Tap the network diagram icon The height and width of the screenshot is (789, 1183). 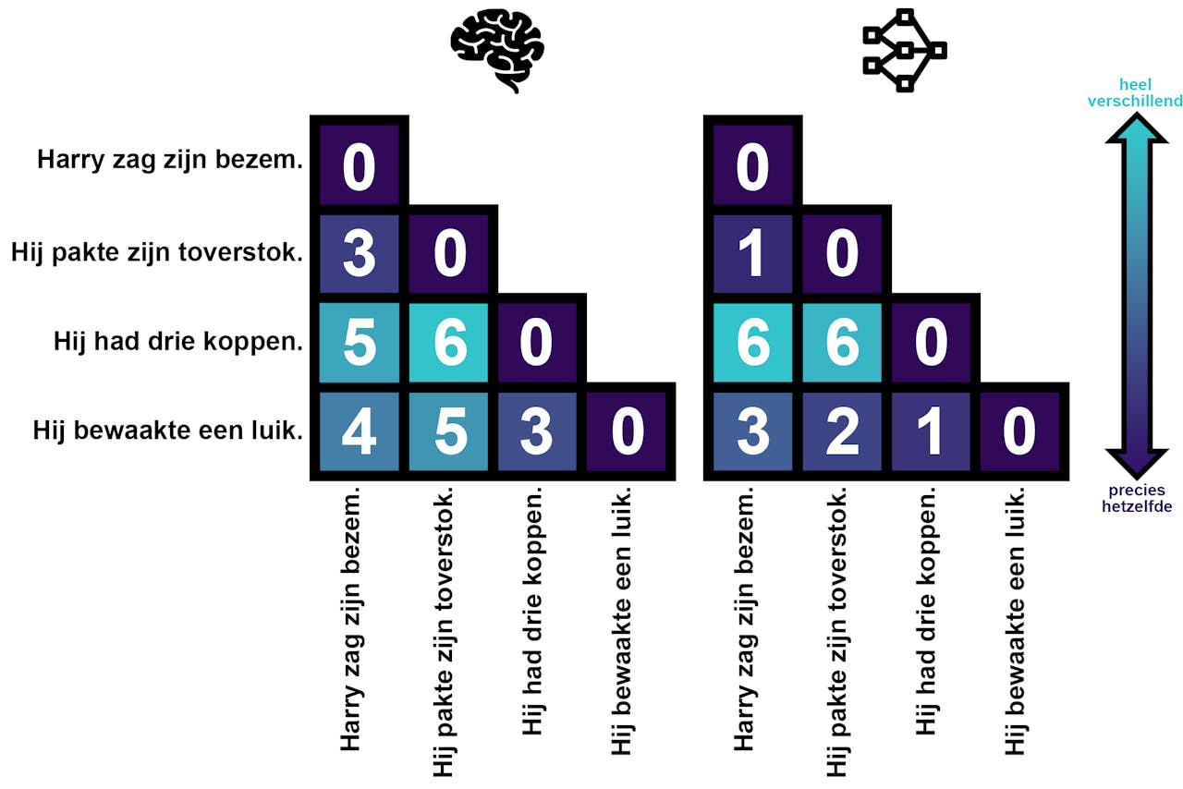pos(905,51)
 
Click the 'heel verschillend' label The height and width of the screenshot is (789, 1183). pos(1135,92)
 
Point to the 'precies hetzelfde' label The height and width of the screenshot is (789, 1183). pos(1135,498)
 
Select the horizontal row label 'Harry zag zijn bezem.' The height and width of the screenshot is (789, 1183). pos(170,160)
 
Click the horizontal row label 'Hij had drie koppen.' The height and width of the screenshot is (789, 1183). pos(178,341)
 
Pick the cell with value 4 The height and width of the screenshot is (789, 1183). pos(360,431)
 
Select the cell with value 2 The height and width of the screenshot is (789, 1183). pos(842,431)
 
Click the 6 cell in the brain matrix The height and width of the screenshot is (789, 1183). pos(450,343)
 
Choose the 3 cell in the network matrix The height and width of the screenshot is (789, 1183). pos(753,431)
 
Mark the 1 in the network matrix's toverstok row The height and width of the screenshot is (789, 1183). pos(753,254)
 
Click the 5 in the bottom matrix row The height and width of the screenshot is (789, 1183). pos(450,431)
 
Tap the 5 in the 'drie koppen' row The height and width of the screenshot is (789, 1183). pos(360,343)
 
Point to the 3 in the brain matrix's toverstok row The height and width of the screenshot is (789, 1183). pos(360,254)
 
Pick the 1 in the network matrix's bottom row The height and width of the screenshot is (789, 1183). pos(931,431)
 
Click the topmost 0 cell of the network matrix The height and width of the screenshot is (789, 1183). pos(753,167)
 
